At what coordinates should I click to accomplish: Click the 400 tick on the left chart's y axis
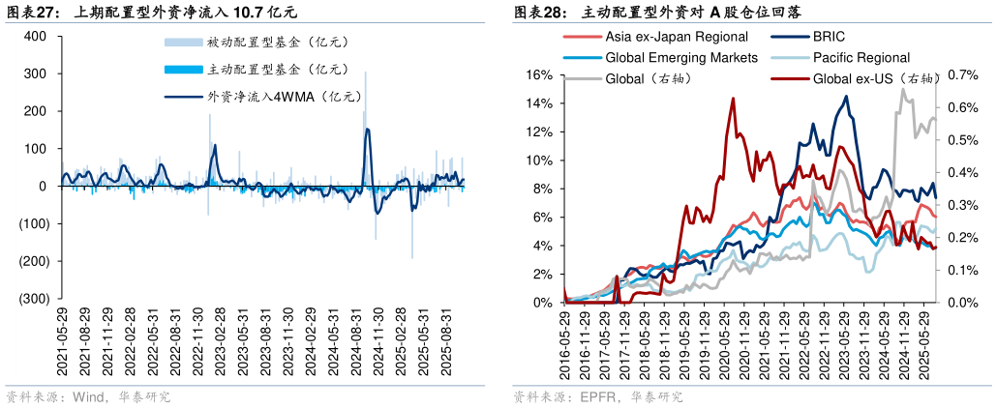[x=35, y=37]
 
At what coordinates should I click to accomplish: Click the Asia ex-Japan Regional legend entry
[x=668, y=37]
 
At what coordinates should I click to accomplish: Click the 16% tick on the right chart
[x=538, y=75]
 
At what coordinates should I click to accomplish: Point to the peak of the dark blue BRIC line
[x=846, y=96]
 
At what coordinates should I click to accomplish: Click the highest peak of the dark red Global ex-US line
[x=733, y=98]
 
